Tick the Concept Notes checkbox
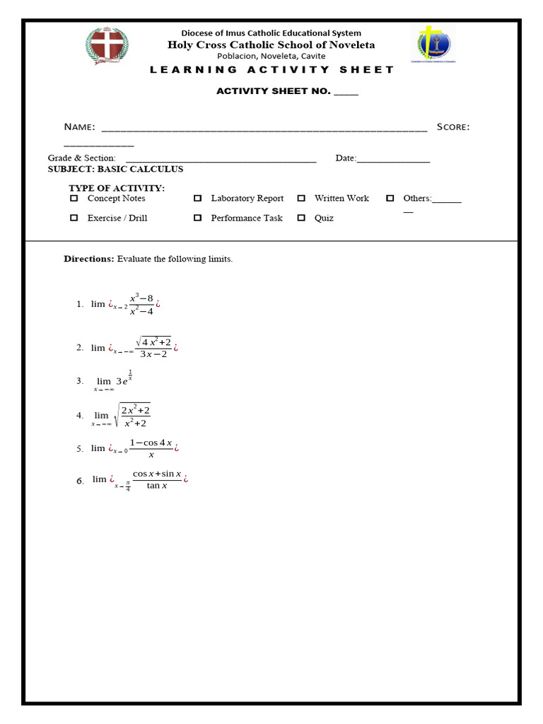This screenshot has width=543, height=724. tap(74, 199)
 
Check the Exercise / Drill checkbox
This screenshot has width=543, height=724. tap(74, 218)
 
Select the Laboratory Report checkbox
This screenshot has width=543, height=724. tap(198, 199)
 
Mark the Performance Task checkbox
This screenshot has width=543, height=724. tap(198, 218)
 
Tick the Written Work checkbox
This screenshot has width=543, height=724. tap(301, 199)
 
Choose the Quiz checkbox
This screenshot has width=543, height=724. tap(301, 218)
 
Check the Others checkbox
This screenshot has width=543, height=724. tap(390, 199)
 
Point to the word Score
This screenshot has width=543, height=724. tap(452, 127)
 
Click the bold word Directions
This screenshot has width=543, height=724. tap(89, 259)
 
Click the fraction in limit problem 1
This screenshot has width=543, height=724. tap(141, 305)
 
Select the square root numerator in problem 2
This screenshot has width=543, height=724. tap(154, 341)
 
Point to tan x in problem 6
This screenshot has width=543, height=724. tap(156, 486)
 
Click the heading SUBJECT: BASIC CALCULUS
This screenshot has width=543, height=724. tap(115, 169)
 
